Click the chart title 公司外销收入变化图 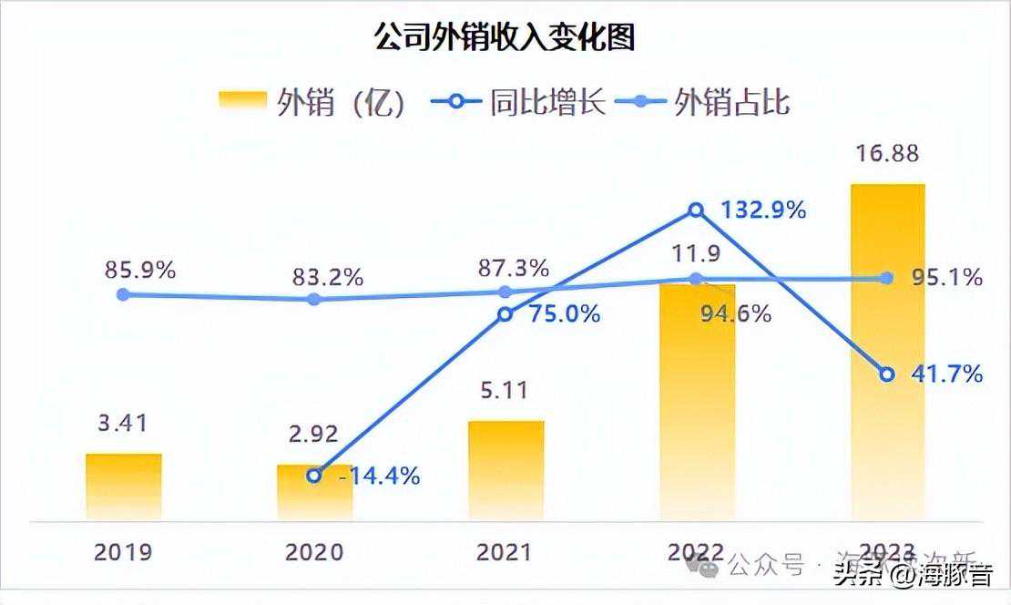pyautogui.click(x=505, y=37)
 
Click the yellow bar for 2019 pyautogui.click(x=124, y=487)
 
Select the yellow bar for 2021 pyautogui.click(x=506, y=470)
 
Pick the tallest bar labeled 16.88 pyautogui.click(x=887, y=351)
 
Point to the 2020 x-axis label pyautogui.click(x=315, y=552)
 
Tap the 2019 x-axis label pyautogui.click(x=123, y=552)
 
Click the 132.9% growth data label pyautogui.click(x=763, y=210)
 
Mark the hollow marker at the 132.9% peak pyautogui.click(x=697, y=210)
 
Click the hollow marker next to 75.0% pyautogui.click(x=505, y=314)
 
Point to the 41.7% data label pyautogui.click(x=947, y=374)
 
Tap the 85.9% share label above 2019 pyautogui.click(x=139, y=271)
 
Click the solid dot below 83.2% pyautogui.click(x=314, y=299)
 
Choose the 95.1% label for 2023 pyautogui.click(x=947, y=278)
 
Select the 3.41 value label pyautogui.click(x=124, y=424)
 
